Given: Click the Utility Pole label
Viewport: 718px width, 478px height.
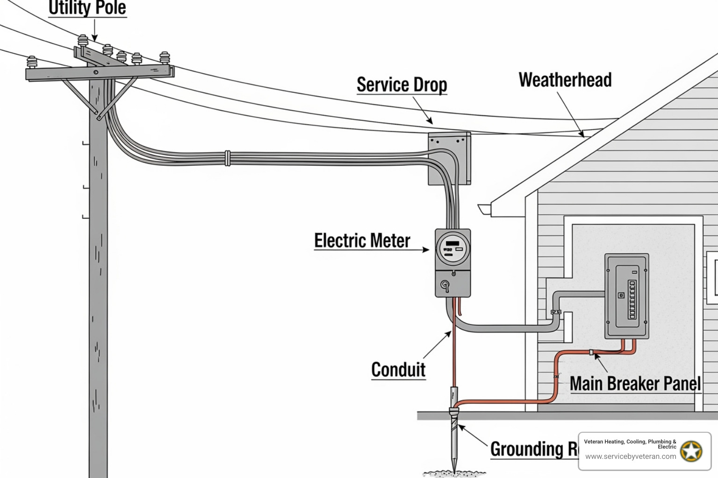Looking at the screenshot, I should (x=87, y=8).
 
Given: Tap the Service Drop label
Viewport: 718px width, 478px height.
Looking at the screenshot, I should (x=402, y=85).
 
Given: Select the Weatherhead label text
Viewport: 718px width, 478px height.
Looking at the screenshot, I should (x=565, y=80).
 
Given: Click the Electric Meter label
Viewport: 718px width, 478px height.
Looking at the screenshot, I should (x=362, y=241).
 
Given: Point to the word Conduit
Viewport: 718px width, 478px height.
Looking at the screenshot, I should (x=398, y=370).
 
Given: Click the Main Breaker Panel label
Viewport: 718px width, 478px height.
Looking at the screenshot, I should (x=635, y=384).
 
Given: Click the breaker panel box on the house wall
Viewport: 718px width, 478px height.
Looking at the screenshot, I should (x=626, y=296).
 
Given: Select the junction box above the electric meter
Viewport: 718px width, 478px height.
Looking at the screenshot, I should (x=449, y=158).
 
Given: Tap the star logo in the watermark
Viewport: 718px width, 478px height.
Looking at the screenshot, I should (x=691, y=451).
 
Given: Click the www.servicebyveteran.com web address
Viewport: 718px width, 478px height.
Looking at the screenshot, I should (x=631, y=457).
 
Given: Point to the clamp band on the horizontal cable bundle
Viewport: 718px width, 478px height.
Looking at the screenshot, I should (x=228, y=158).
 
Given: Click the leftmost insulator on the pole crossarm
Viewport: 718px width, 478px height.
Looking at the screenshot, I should (x=32, y=62).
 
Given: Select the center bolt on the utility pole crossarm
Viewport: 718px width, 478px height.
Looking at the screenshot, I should (x=96, y=72).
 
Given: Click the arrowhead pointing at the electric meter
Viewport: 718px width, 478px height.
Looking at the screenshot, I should (x=426, y=250).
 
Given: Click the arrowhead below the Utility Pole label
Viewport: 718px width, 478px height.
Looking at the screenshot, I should (x=94, y=39).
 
